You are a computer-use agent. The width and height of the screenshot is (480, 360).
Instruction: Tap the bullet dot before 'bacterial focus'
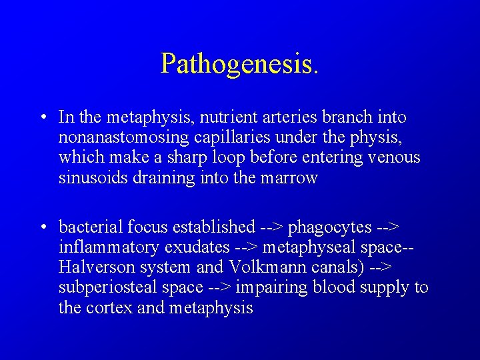click(x=41, y=228)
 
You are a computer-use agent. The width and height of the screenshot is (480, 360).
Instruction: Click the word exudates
click(x=197, y=248)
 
